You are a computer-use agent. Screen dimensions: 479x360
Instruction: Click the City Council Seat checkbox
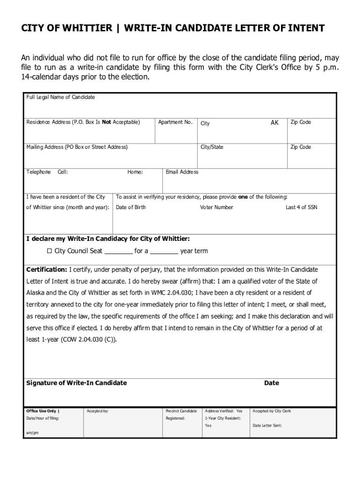50,251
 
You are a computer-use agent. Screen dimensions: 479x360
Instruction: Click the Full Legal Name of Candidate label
60,97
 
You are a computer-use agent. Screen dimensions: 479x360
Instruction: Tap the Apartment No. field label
175,123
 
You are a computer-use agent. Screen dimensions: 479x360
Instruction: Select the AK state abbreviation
274,123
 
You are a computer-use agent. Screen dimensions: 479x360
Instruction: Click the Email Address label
182,172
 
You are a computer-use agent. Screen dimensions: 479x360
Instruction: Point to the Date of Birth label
131,207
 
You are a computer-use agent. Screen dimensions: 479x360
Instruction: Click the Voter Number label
216,207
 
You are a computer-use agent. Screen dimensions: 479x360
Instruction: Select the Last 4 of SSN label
301,207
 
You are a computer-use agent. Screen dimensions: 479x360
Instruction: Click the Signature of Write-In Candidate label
76,383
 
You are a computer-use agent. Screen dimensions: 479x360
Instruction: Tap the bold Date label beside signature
271,383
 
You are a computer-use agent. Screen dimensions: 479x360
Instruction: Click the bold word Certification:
47,270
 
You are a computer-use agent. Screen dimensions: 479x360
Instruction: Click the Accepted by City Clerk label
272,411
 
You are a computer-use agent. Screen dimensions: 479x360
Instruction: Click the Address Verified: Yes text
223,411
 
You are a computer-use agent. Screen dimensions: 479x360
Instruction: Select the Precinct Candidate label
181,411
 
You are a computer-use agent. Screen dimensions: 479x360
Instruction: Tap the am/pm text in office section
32,433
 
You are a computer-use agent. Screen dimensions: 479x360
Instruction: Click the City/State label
212,147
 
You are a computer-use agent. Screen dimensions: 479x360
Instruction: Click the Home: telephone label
135,172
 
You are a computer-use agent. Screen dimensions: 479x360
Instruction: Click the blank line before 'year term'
164,252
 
